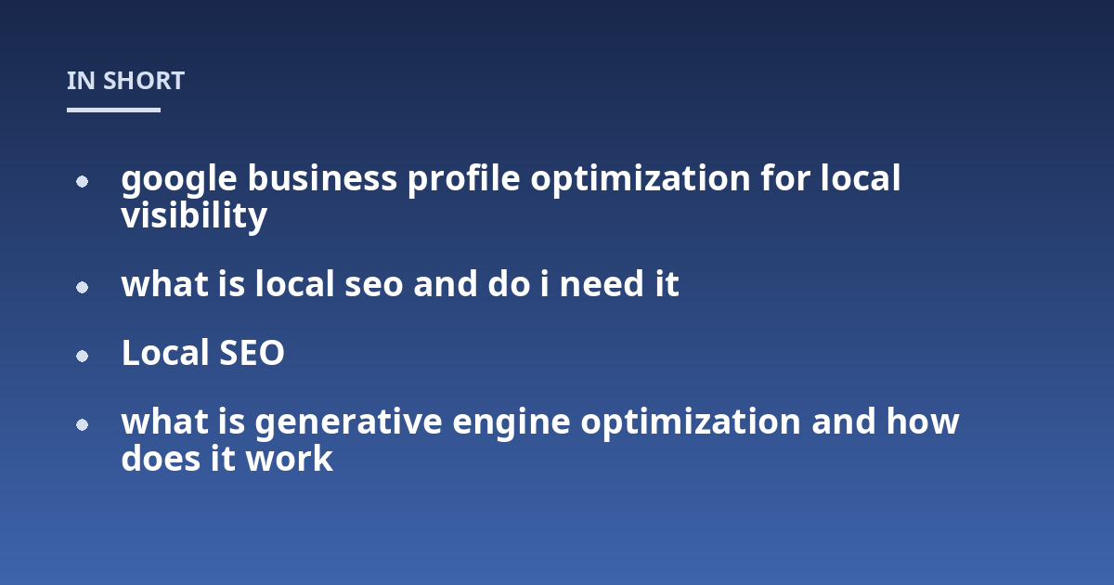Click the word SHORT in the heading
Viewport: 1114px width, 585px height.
pyautogui.click(x=144, y=81)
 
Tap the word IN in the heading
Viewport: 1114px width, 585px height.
pyautogui.click(x=81, y=81)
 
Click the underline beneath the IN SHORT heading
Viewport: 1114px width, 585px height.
pyautogui.click(x=113, y=110)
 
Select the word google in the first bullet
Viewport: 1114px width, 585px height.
pyautogui.click(x=179, y=180)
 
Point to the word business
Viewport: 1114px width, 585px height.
pyautogui.click(x=323, y=177)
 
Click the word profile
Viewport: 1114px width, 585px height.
pyautogui.click(x=464, y=179)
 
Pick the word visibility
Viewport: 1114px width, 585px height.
pyautogui.click(x=194, y=216)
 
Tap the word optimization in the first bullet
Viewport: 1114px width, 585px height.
pyautogui.click(x=641, y=179)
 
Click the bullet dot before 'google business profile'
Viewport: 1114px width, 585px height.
pyautogui.click(x=82, y=182)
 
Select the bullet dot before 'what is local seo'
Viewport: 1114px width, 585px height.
pyautogui.click(x=82, y=288)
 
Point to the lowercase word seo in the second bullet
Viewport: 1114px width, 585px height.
pyautogui.click(x=374, y=285)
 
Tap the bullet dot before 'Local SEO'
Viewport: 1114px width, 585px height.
pyautogui.click(x=82, y=357)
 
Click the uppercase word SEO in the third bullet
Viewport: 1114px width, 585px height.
pyautogui.click(x=252, y=353)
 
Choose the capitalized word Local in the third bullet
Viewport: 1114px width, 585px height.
pyautogui.click(x=165, y=352)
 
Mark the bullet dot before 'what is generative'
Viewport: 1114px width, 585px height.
pyautogui.click(x=82, y=425)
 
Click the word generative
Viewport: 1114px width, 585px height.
pyautogui.click(x=349, y=423)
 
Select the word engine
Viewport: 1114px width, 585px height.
pyautogui.click(x=512, y=423)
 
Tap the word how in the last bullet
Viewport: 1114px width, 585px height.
pyautogui.click(x=923, y=422)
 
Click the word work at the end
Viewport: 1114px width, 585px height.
pyautogui.click(x=290, y=458)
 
